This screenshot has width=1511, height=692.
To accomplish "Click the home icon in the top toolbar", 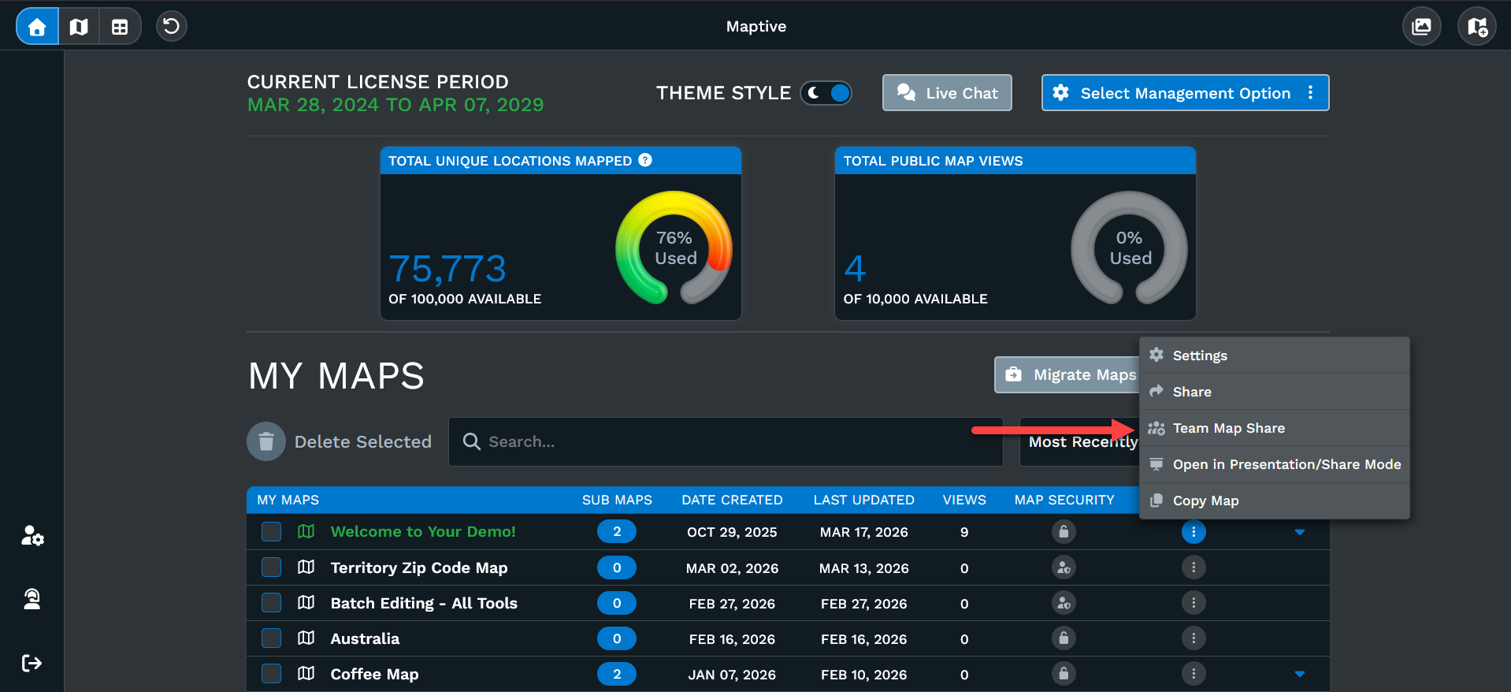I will click(x=37, y=27).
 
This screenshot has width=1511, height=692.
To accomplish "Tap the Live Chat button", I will click(x=947, y=93).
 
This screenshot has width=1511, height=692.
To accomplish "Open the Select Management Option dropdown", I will click(x=1185, y=93).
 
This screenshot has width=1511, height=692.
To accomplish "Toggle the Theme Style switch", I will click(x=826, y=93).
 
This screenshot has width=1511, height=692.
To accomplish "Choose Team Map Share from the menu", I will click(x=1228, y=428).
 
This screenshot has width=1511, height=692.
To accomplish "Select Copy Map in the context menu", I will click(x=1205, y=500).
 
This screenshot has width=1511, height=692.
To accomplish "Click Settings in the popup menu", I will click(x=1199, y=355).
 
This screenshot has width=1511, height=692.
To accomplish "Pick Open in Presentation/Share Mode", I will click(x=1286, y=464).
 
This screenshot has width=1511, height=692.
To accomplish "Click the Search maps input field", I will click(x=725, y=441).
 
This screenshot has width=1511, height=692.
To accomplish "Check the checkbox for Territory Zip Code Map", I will click(x=272, y=567).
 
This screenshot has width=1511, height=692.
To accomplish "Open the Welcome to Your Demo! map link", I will click(x=423, y=532).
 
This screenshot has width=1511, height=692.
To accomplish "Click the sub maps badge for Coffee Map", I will click(x=617, y=675).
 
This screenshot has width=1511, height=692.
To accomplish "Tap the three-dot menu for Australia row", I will click(x=1194, y=638).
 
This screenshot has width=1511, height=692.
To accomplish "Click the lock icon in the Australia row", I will click(x=1064, y=638).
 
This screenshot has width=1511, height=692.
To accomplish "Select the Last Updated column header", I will click(x=863, y=500).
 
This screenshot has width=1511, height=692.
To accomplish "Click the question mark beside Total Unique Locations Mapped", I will click(x=645, y=160).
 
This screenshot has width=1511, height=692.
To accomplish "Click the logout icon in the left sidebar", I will click(x=32, y=663).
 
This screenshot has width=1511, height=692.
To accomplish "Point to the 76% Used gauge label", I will click(x=675, y=247).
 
